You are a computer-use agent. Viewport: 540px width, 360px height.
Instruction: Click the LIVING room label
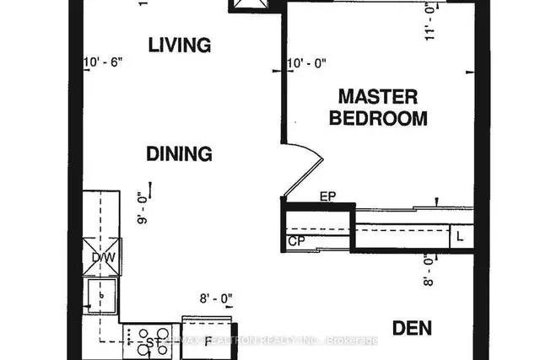pos(179,44)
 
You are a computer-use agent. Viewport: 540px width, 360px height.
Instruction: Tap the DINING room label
pos(179,153)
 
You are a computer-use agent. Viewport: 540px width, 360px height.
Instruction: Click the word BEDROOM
pos(377,118)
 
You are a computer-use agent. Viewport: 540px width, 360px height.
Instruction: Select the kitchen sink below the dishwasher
pos(102,296)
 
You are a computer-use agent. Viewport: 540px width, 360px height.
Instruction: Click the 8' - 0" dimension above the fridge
pos(214,298)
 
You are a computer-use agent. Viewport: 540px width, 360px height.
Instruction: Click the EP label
pos(329,196)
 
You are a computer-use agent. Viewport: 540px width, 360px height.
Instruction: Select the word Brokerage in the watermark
pos(354,341)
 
